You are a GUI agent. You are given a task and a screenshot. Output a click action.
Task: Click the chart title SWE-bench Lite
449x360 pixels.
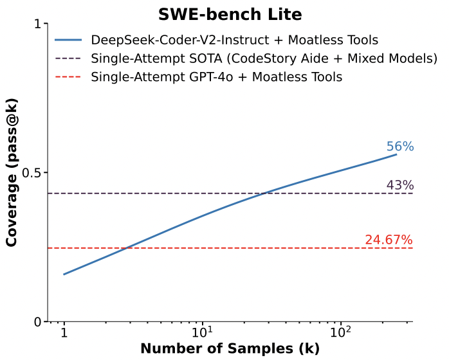point(230,14)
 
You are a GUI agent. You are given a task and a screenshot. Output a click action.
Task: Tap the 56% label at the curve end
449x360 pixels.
point(399,147)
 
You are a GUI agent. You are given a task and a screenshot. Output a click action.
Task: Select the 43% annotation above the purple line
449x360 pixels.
point(399,185)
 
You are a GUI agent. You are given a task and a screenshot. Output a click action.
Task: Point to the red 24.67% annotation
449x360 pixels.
point(389,240)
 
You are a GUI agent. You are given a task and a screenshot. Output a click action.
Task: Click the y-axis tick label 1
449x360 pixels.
point(37,24)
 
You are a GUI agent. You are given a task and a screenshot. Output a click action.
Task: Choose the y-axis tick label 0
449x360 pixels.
point(37,322)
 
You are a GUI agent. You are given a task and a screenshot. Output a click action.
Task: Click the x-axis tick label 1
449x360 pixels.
point(64,334)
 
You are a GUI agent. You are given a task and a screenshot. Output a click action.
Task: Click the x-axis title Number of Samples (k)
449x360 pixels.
point(230,349)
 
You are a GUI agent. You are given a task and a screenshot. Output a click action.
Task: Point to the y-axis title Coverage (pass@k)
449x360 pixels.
point(12,173)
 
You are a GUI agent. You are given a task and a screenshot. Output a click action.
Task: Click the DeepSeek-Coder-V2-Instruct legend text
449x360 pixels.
point(234,40)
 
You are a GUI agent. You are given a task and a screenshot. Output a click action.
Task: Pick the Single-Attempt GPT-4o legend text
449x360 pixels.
point(217,77)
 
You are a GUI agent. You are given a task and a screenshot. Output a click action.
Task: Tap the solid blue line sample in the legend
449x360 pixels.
point(68,40)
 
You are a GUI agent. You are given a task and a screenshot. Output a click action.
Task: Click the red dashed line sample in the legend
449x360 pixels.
point(68,77)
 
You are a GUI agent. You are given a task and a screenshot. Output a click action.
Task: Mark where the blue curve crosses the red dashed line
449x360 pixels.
point(126,248)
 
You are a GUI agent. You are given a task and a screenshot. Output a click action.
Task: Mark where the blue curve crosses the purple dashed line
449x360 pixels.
point(264,194)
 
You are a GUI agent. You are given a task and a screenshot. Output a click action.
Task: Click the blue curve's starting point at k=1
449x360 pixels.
point(64,274)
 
